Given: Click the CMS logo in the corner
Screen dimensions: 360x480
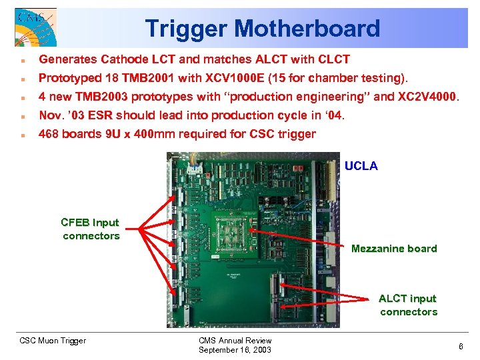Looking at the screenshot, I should [35, 27].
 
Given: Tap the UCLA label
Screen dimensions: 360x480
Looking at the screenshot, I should [361, 166].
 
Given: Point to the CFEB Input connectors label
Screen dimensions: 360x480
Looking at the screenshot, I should [90, 229].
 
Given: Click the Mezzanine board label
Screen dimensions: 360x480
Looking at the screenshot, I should [394, 249].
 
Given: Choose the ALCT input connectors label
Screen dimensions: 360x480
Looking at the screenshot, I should [408, 305].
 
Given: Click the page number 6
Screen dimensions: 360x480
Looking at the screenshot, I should [460, 346].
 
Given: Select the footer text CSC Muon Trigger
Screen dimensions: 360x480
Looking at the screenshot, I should [53, 341].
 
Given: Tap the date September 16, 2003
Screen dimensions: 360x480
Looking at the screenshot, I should [235, 350].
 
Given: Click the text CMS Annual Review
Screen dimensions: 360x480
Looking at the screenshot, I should [235, 341].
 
